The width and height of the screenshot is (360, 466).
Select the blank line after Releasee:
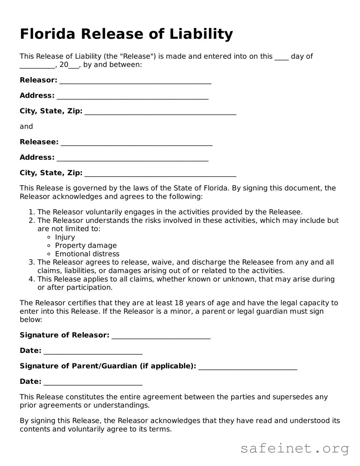pyautogui.click(x=136, y=143)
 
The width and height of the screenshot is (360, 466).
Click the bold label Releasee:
pyautogui.click(x=39, y=142)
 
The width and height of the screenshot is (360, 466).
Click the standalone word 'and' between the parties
pyautogui.click(x=26, y=127)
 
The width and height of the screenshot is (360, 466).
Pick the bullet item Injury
pyautogui.click(x=65, y=237)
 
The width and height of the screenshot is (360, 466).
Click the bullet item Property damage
pyautogui.click(x=86, y=246)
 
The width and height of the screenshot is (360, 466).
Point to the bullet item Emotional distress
pyautogui.click(x=87, y=254)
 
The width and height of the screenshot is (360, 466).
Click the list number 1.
pyautogui.click(x=31, y=212)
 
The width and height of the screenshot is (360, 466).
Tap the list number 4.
pyautogui.click(x=31, y=279)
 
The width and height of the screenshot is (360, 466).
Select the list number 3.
pyautogui.click(x=31, y=262)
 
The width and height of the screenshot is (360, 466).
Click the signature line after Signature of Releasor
pyautogui.click(x=161, y=336)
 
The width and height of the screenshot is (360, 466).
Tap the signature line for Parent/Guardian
pyautogui.click(x=248, y=367)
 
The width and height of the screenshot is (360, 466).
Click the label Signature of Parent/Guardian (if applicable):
pyautogui.click(x=108, y=366)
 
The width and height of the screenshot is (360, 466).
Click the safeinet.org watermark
pyautogui.click(x=295, y=449)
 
